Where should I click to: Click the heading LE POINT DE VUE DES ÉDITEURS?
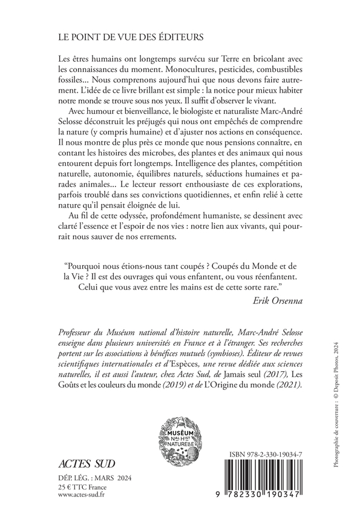coord(122,37)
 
